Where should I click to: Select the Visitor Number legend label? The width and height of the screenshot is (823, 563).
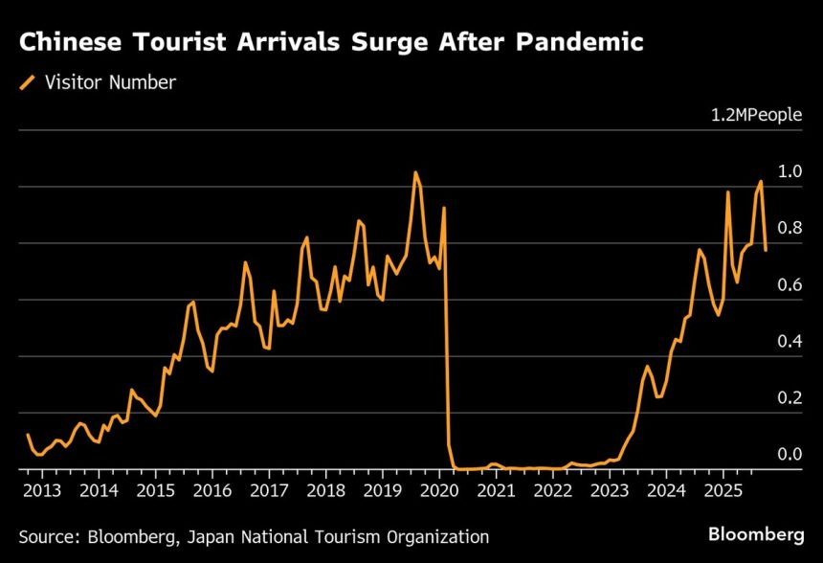coord(110,82)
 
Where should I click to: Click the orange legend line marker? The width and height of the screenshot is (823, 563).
coord(27,82)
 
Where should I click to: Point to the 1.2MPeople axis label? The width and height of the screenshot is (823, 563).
coord(755,115)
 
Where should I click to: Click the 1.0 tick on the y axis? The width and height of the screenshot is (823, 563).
coord(790,171)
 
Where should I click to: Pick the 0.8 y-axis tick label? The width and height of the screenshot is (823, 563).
coord(790,228)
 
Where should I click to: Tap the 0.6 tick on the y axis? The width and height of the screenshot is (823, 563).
coord(790,284)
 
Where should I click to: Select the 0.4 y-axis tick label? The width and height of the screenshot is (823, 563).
coord(790,341)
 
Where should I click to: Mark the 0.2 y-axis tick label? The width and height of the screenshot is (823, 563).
coord(790,397)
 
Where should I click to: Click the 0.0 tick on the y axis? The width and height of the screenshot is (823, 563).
coord(790,454)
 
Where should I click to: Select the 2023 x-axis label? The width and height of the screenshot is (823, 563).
coord(610,490)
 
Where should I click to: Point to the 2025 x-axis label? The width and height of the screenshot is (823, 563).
coord(723,490)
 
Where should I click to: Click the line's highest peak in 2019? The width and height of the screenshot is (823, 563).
coord(415,172)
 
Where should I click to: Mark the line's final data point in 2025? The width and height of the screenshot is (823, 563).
coord(766,250)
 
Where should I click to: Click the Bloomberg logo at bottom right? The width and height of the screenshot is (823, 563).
coord(755,533)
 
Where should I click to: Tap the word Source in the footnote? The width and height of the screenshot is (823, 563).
coord(45,537)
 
